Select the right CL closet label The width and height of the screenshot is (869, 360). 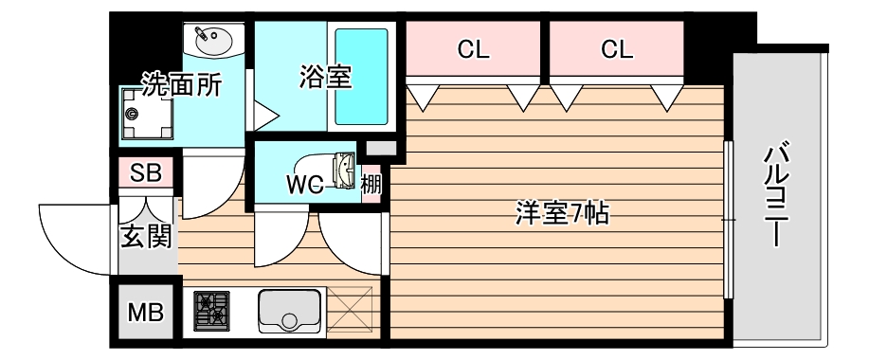click(616, 50)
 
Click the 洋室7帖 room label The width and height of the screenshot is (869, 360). click(561, 214)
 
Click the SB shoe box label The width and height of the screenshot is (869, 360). click(146, 173)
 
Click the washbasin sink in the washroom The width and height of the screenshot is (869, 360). click(214, 41)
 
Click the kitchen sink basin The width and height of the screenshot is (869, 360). click(290, 309)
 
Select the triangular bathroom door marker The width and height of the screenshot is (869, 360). click(265, 116)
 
